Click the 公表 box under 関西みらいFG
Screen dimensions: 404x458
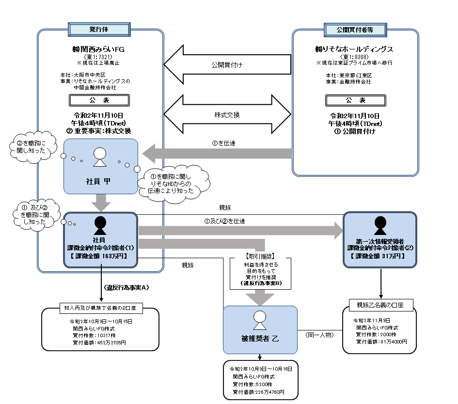[x=99, y=100]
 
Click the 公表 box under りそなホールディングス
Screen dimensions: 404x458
[x=355, y=100]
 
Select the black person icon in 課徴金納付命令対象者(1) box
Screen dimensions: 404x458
[x=100, y=225]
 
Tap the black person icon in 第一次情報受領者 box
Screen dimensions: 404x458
[x=379, y=225]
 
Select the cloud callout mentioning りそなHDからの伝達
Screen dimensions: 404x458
[x=173, y=183]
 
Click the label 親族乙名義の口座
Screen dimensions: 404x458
[x=380, y=306]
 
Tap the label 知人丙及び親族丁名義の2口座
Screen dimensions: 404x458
[x=100, y=307]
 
